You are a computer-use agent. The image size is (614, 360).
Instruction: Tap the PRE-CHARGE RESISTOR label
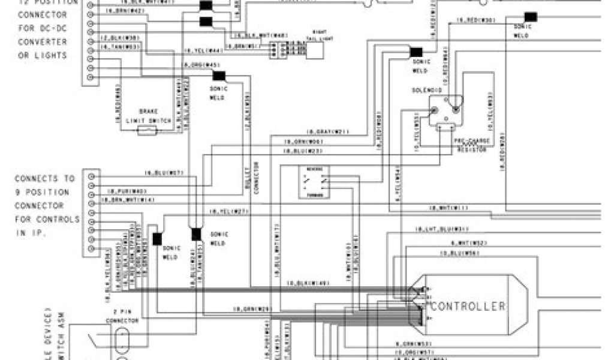click(472, 143)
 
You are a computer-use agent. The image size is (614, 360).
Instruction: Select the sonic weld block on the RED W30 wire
click(530, 17)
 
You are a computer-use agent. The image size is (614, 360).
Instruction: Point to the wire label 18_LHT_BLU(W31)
click(441, 229)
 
